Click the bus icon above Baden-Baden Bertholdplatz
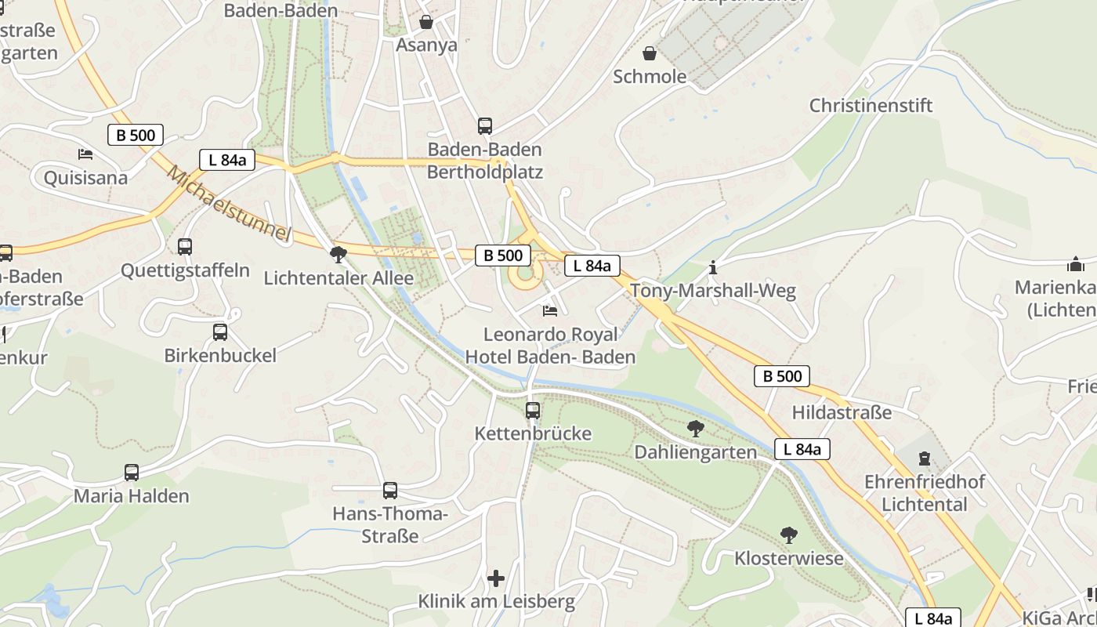(485, 125)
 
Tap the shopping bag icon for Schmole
(650, 53)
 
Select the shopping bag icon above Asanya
(426, 22)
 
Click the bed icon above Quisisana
(85, 154)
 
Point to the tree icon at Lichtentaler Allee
(339, 254)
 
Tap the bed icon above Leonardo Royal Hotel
(550, 311)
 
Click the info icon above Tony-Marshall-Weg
(712, 268)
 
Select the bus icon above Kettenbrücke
(533, 410)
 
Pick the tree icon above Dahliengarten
(695, 429)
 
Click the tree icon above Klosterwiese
(789, 535)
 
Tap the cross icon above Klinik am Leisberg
(496, 578)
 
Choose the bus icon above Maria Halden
(132, 473)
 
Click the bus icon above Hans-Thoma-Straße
(390, 491)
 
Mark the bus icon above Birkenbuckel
(220, 332)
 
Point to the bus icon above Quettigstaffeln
(185, 247)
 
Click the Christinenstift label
(871, 105)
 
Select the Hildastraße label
(842, 412)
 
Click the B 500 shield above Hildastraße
(782, 376)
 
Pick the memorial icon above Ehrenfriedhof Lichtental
(925, 458)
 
